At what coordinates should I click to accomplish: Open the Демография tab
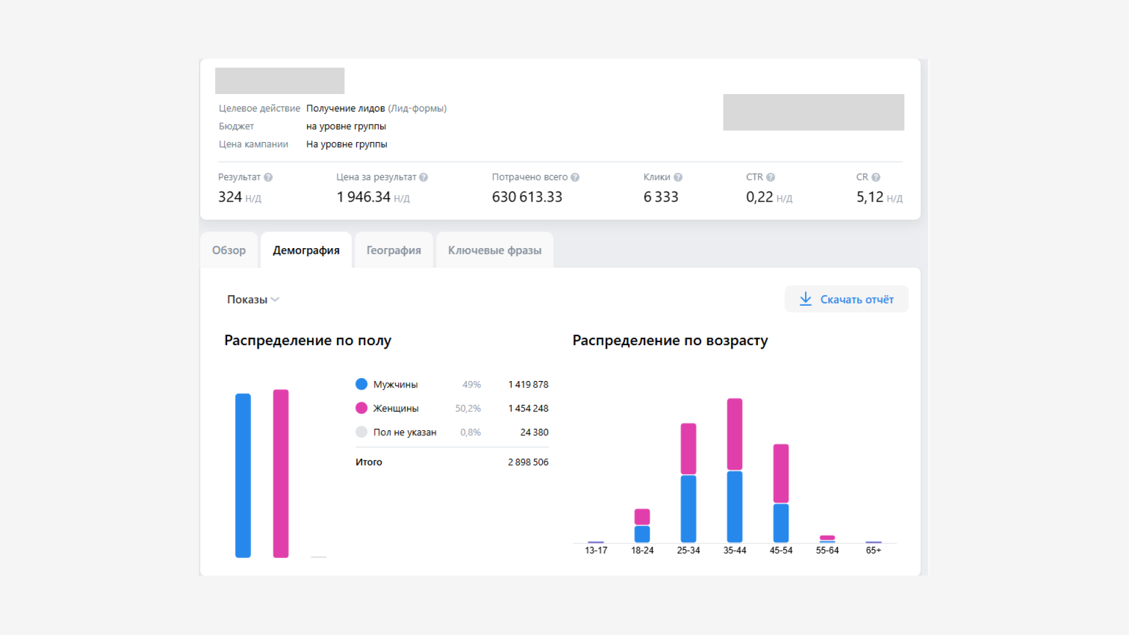point(306,250)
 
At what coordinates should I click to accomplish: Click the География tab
point(393,250)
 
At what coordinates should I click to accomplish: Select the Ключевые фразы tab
point(495,250)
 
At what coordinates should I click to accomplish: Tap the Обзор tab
point(229,250)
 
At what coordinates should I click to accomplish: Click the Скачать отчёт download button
point(846,299)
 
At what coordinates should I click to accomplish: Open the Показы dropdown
point(253,300)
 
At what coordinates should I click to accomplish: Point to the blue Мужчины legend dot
point(362,384)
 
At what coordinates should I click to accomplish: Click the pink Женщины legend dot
point(362,408)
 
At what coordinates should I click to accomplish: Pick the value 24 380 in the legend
point(534,432)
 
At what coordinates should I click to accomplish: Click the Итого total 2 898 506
point(528,462)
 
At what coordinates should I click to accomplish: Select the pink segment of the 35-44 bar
point(734,434)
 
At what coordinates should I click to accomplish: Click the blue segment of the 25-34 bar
point(688,509)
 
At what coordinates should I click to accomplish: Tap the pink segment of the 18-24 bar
point(642,516)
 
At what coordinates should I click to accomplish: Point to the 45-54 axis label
point(781,550)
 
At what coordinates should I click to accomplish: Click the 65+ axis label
point(873,550)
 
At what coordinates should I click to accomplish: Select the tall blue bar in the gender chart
point(243,475)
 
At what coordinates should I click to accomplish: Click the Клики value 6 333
point(661,197)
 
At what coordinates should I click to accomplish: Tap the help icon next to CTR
point(770,177)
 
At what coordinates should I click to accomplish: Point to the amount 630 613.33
point(527,197)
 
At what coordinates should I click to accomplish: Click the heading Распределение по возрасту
point(670,340)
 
